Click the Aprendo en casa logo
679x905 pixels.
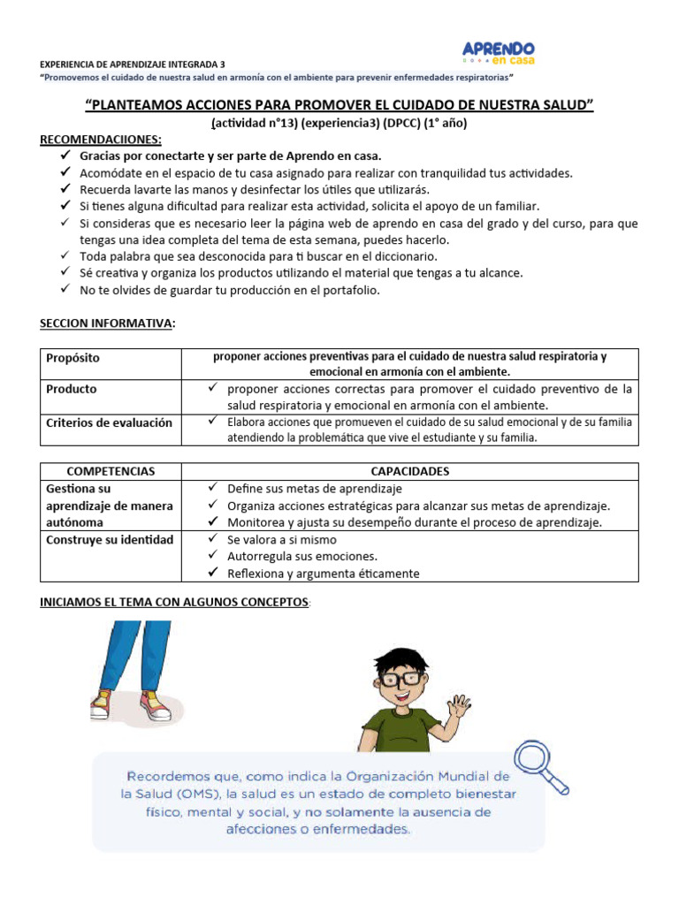(x=499, y=52)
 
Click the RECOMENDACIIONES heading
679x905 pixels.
(x=101, y=140)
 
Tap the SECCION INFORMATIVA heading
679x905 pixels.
(x=106, y=323)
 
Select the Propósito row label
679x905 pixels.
(x=72, y=358)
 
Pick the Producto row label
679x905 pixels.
(x=72, y=389)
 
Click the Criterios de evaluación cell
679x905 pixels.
(x=109, y=422)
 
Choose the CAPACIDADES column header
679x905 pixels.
(x=409, y=471)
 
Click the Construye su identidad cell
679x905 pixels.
(x=109, y=539)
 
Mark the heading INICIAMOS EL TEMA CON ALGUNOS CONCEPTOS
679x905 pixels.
(x=175, y=603)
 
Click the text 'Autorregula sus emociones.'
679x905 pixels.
(x=302, y=556)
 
